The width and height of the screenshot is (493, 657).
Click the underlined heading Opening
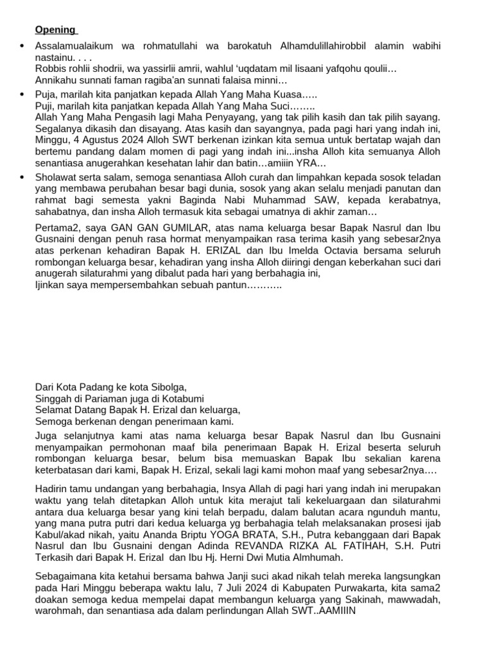click(x=55, y=30)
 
